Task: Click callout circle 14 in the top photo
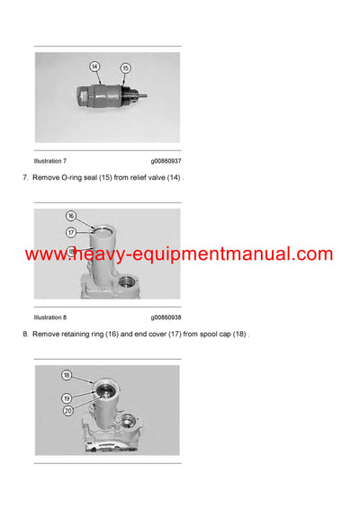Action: point(94,66)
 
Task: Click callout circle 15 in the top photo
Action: point(125,68)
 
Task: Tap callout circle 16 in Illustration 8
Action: point(71,217)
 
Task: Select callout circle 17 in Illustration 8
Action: point(71,230)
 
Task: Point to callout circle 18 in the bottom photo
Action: point(67,374)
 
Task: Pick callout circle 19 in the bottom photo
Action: point(67,397)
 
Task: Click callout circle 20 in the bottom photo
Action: point(67,410)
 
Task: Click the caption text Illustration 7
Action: point(50,161)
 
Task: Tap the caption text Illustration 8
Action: point(50,317)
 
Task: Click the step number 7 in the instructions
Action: point(24,178)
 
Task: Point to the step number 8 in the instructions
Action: point(24,334)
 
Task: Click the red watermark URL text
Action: point(179,255)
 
